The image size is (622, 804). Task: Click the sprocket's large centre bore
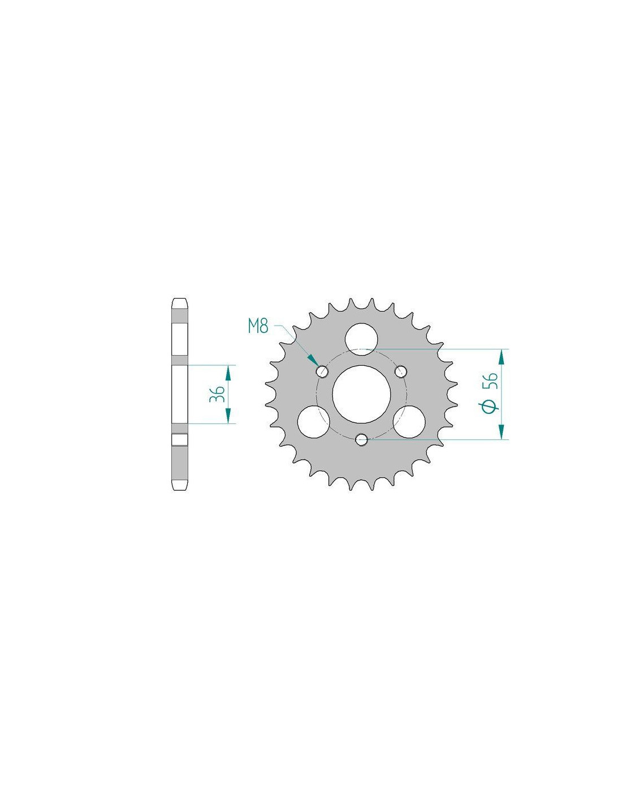click(361, 394)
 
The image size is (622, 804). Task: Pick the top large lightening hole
click(361, 339)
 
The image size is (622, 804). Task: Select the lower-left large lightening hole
click(313, 422)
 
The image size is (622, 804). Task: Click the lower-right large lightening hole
click(409, 422)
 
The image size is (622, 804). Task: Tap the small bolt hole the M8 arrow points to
click(322, 371)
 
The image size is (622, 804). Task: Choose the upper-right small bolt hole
click(401, 371)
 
